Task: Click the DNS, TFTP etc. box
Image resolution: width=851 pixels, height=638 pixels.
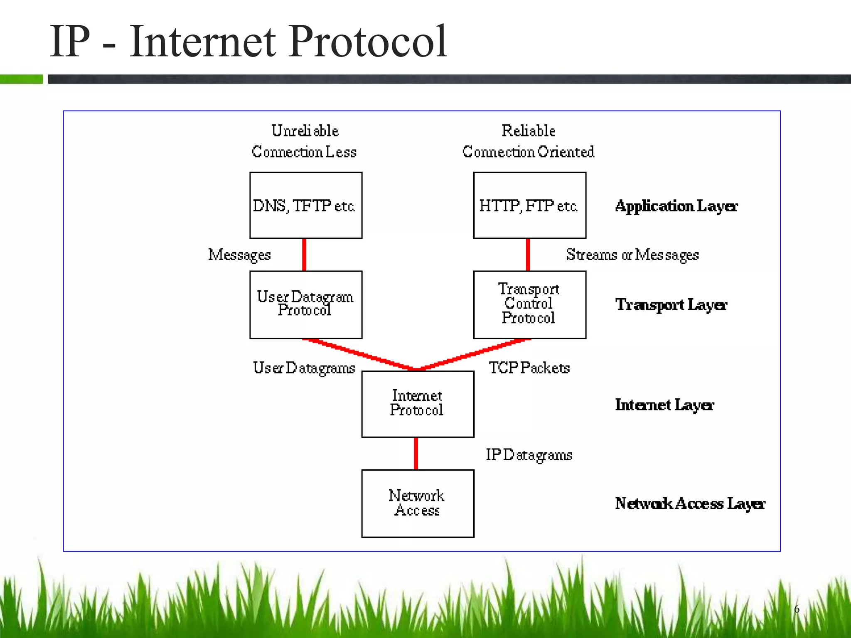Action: click(305, 205)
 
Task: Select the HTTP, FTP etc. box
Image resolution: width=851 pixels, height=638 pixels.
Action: click(529, 205)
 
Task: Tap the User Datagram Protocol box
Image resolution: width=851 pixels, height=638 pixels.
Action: click(305, 304)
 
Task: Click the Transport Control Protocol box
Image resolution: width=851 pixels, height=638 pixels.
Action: click(529, 304)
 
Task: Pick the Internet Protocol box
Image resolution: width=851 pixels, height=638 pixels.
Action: click(417, 404)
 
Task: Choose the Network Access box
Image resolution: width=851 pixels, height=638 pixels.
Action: click(417, 503)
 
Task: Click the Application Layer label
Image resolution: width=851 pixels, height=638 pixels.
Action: click(676, 206)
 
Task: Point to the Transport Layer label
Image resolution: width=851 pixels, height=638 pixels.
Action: click(671, 305)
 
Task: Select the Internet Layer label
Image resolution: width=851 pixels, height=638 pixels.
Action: click(664, 405)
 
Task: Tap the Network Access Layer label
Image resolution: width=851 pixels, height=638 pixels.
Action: click(690, 503)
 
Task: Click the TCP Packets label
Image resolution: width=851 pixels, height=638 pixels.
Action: click(529, 368)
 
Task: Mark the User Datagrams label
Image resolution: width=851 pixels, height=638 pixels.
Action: click(304, 368)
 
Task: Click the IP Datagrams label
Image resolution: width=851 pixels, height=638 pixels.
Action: click(529, 455)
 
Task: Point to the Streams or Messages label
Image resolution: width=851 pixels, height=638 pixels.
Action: click(632, 255)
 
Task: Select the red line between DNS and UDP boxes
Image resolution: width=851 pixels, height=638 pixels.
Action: click(304, 255)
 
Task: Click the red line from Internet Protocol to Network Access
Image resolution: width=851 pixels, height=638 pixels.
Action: click(416, 453)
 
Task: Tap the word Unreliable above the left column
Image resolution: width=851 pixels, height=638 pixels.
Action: click(305, 131)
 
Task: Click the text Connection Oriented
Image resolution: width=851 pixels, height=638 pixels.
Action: click(528, 152)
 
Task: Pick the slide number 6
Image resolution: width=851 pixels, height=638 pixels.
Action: click(797, 609)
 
